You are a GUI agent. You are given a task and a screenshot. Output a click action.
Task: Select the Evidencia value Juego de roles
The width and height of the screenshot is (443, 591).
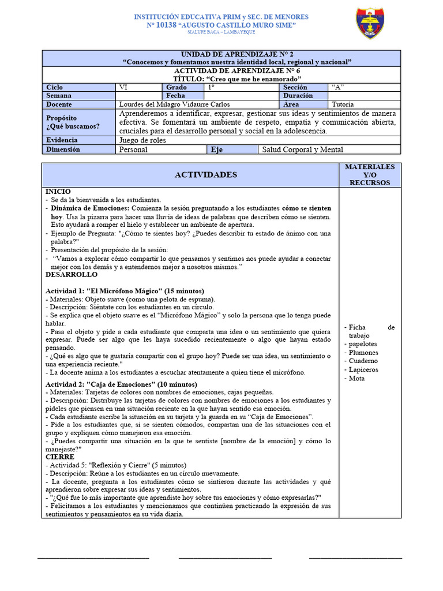pyautogui.click(x=142, y=140)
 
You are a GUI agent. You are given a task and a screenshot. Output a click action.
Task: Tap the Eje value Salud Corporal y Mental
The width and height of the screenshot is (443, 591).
pyautogui.click(x=302, y=149)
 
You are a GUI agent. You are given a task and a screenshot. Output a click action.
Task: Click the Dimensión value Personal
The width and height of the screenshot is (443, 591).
pyautogui.click(x=133, y=149)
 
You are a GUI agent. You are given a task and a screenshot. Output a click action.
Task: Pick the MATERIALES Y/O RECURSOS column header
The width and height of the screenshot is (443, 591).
pyautogui.click(x=370, y=175)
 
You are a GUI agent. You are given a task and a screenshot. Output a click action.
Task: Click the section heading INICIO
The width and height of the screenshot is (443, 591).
pyautogui.click(x=58, y=191)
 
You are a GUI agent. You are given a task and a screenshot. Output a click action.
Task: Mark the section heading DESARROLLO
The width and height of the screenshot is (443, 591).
pyautogui.click(x=72, y=275)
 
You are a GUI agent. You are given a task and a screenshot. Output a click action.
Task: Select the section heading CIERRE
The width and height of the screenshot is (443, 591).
pyautogui.click(x=60, y=457)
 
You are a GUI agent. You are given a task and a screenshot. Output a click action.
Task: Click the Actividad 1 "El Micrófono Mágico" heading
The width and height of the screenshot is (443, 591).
pyautogui.click(x=125, y=291)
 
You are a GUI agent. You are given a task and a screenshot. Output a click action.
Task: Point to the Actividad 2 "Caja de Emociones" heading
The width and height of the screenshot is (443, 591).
pyautogui.click(x=121, y=384)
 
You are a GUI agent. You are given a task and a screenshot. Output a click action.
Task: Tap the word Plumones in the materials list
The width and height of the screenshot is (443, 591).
pyautogui.click(x=363, y=353)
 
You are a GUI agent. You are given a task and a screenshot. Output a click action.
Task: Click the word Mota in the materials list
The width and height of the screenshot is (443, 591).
pyautogui.click(x=357, y=378)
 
